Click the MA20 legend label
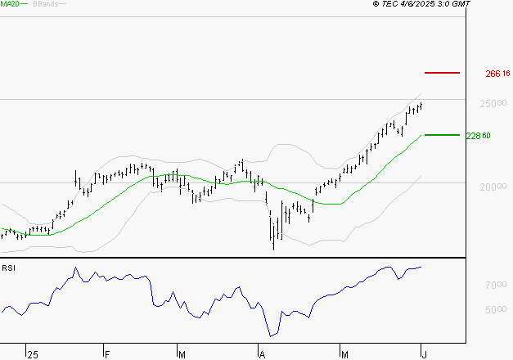(11, 4)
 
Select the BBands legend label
(45, 4)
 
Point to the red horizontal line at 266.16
(443, 73)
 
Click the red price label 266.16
(497, 74)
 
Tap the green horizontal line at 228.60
(443, 135)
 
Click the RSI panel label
(8, 268)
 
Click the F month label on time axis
(107, 354)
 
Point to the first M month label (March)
(182, 354)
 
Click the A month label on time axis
(263, 354)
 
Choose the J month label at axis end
(423, 354)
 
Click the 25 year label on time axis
(32, 354)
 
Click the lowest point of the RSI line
(271, 335)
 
